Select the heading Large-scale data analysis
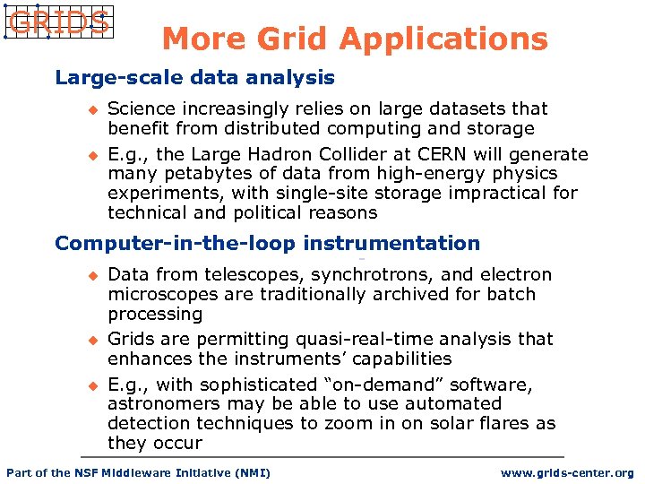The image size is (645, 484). [194, 78]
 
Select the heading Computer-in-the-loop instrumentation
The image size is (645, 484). [267, 244]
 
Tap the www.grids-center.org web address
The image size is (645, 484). [567, 473]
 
